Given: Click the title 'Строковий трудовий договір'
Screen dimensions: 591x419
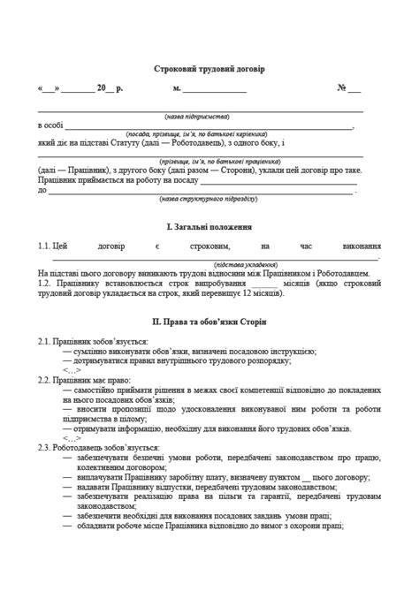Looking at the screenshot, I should click(209, 68).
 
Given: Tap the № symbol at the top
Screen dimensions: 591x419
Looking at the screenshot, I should click(342, 88).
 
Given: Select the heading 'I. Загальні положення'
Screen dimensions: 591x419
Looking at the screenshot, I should click(209, 226).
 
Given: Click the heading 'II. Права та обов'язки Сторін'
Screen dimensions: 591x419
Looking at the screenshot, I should click(209, 320).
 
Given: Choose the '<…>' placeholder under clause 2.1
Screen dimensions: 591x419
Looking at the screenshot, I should click(72, 369).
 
